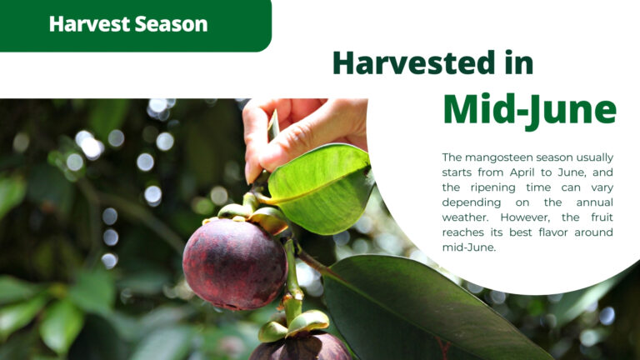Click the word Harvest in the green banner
(x=88, y=23)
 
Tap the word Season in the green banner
(x=171, y=23)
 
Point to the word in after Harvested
(x=519, y=62)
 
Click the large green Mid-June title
(x=529, y=110)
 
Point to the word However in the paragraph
(x=525, y=217)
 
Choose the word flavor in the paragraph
(x=553, y=232)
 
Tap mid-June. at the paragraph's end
(x=469, y=247)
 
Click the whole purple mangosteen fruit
(x=235, y=264)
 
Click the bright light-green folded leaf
(x=321, y=187)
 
